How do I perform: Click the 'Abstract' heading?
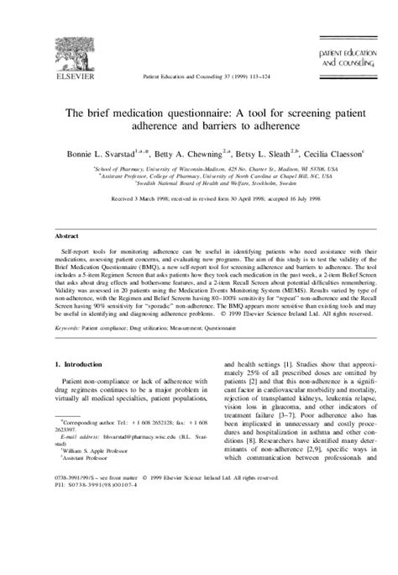tap(68, 237)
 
